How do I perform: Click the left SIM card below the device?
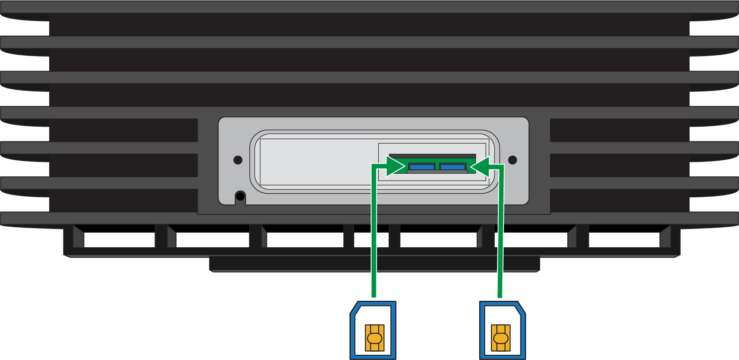(373, 330)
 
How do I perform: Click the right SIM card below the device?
(502, 330)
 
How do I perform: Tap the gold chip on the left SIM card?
(374, 338)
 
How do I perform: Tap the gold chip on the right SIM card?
(501, 338)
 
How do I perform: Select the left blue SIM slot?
(422, 166)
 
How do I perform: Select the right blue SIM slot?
(453, 166)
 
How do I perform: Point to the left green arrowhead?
(396, 166)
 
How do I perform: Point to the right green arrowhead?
(480, 166)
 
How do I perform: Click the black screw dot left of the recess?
(238, 160)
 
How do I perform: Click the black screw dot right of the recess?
(513, 160)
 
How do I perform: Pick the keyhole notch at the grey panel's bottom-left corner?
(240, 197)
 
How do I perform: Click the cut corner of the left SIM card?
(354, 307)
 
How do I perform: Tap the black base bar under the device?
(374, 264)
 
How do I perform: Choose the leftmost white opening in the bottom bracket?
(119, 239)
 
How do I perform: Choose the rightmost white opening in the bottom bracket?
(624, 239)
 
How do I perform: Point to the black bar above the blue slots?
(432, 156)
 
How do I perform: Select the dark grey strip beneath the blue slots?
(437, 172)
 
